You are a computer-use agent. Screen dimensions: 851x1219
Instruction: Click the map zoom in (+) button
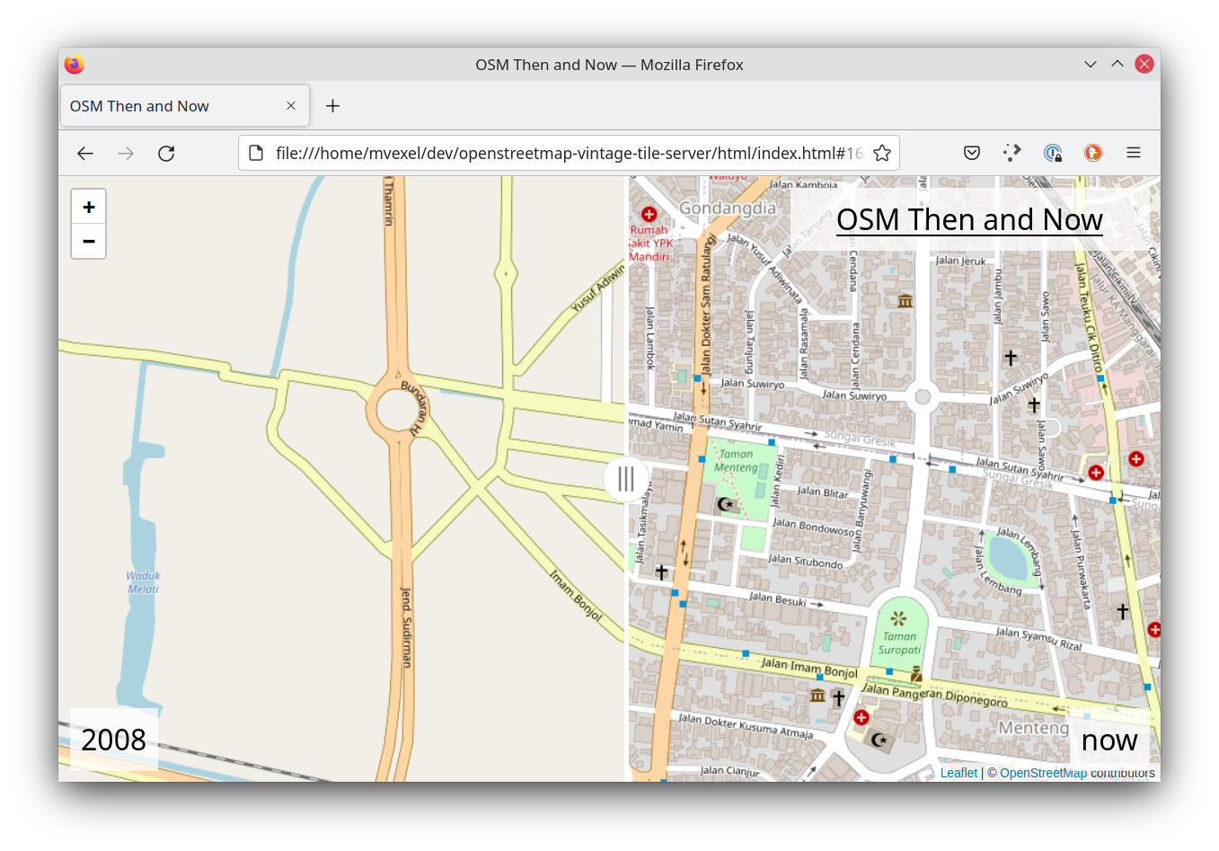(x=89, y=208)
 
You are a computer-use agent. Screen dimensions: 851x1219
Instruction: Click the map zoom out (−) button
(x=89, y=241)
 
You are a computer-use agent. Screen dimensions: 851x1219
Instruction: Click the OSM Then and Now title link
(x=969, y=220)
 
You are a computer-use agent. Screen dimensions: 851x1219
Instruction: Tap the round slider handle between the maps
(x=626, y=479)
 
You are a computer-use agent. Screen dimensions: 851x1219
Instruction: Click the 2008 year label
(x=113, y=740)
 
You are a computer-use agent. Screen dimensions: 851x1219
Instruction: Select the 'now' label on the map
(x=1109, y=740)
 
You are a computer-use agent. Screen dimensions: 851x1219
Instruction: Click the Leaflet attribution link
(x=958, y=773)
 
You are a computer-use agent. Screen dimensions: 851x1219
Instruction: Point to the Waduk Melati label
(x=143, y=582)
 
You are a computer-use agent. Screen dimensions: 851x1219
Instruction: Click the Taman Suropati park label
(x=899, y=643)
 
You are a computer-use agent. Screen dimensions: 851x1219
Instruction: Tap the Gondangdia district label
(x=728, y=208)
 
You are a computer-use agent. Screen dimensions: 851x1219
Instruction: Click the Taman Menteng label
(x=736, y=461)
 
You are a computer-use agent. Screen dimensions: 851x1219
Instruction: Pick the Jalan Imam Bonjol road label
(x=809, y=667)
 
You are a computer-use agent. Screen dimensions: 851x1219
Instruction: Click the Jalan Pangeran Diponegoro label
(x=934, y=695)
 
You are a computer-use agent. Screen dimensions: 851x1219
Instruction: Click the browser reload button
(x=166, y=154)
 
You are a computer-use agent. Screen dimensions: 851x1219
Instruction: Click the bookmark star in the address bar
(x=882, y=154)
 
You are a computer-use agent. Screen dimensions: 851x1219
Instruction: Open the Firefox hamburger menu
(x=1134, y=154)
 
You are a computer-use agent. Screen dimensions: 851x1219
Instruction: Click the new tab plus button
(x=332, y=106)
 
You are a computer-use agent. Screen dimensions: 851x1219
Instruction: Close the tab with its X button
(x=291, y=106)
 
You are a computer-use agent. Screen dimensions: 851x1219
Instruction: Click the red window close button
(x=1144, y=64)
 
